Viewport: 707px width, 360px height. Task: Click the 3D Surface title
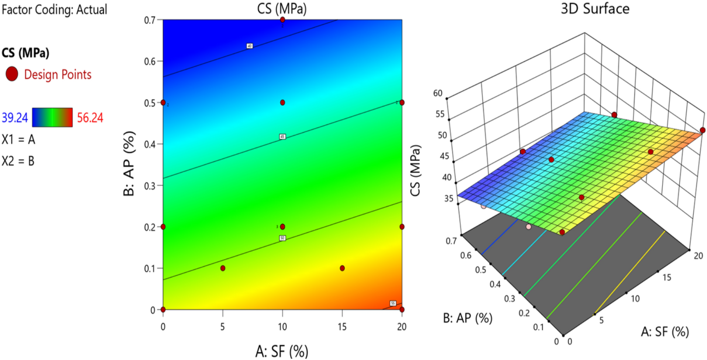point(595,9)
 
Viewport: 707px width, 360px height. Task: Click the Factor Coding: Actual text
point(54,10)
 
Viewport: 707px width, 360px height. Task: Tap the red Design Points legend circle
point(12,74)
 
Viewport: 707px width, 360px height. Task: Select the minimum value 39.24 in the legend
point(15,118)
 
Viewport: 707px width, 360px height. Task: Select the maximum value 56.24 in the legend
point(90,118)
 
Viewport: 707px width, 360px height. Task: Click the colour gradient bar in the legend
point(52,117)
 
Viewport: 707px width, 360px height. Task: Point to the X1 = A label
point(18,139)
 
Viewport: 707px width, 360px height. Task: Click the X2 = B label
point(18,161)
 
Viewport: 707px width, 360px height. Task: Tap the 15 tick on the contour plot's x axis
point(342,327)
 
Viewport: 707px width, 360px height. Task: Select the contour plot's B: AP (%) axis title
point(129,163)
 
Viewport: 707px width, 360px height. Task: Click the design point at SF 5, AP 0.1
point(223,268)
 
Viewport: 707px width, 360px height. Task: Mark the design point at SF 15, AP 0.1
point(342,268)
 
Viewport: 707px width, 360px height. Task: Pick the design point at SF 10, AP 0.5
point(283,103)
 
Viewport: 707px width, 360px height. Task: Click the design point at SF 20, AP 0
point(402,309)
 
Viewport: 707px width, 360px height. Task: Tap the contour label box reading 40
point(249,46)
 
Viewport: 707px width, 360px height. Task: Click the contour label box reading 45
point(283,136)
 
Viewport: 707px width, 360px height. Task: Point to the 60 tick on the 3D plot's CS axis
point(438,93)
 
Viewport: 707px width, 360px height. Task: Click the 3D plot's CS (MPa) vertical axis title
point(416,170)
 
